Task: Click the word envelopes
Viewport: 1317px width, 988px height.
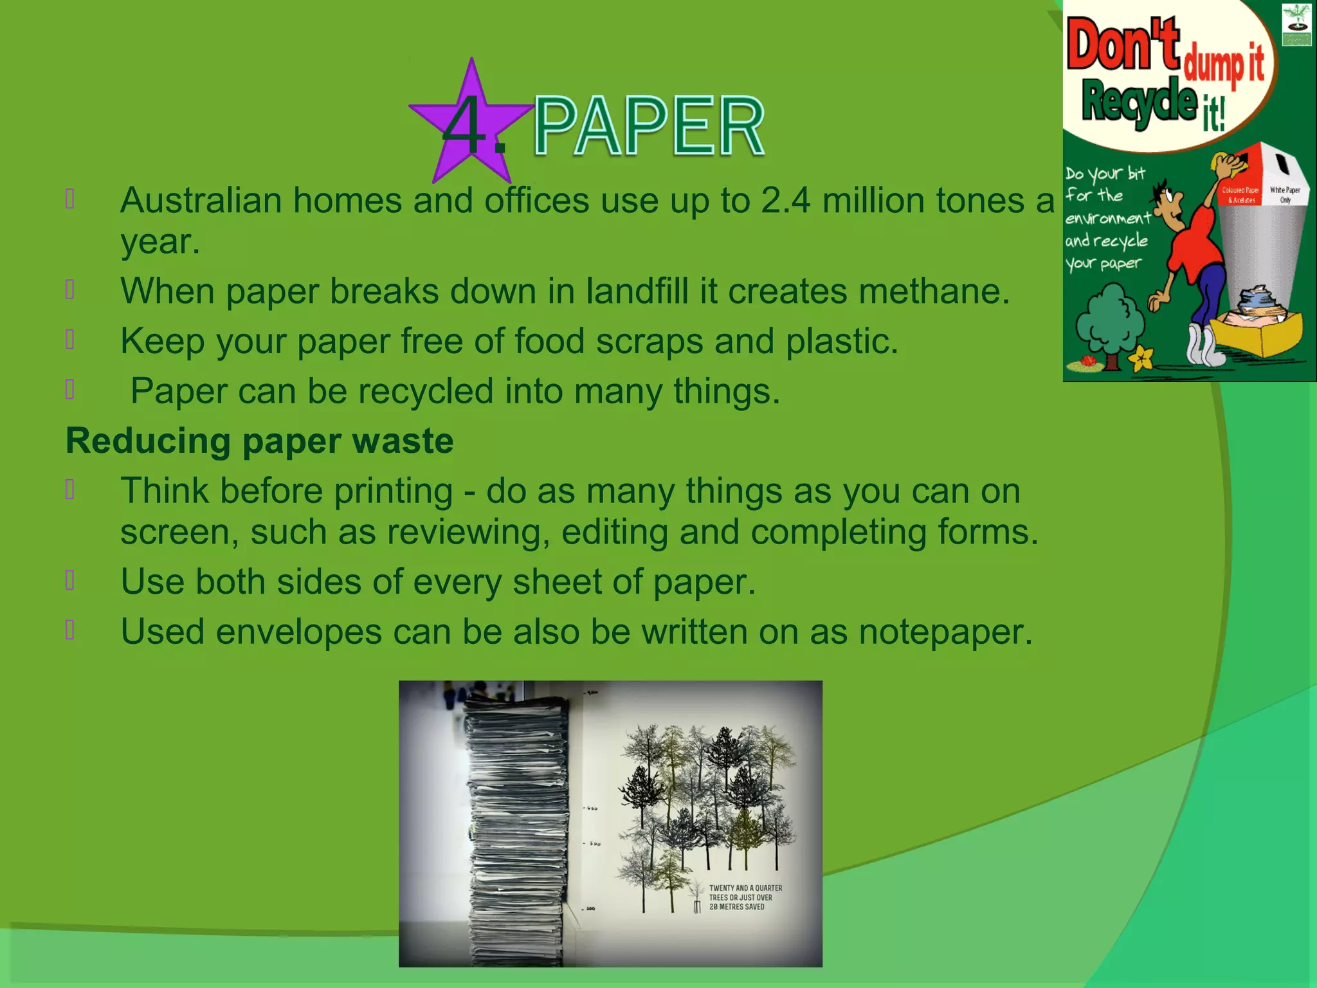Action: click(299, 632)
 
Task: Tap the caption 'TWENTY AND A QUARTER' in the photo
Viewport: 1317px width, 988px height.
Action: click(745, 888)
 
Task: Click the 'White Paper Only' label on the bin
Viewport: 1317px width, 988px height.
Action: click(1284, 194)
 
